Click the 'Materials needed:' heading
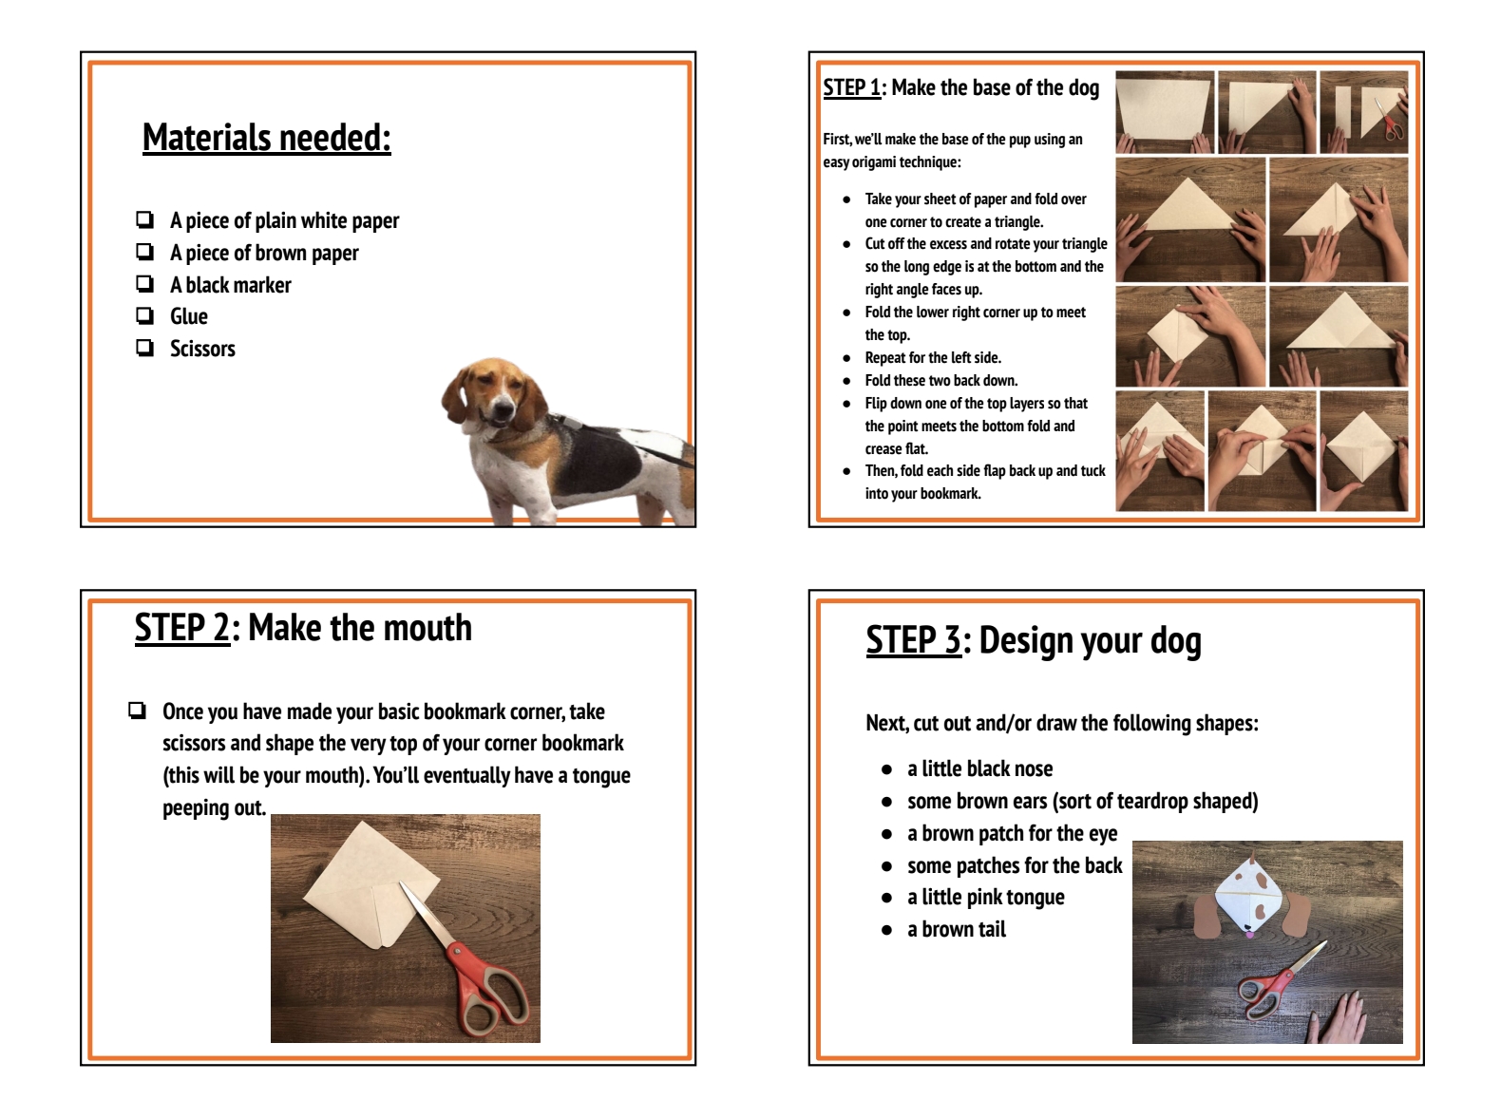(266, 138)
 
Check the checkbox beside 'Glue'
(144, 315)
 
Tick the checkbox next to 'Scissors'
(144, 348)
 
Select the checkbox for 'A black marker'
(144, 284)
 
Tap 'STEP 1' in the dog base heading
(851, 87)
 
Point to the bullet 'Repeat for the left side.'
(932, 358)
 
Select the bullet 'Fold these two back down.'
(940, 381)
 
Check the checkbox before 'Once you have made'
(138, 711)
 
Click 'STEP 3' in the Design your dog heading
(912, 641)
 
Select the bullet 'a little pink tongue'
(985, 898)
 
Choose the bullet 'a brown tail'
(956, 930)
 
